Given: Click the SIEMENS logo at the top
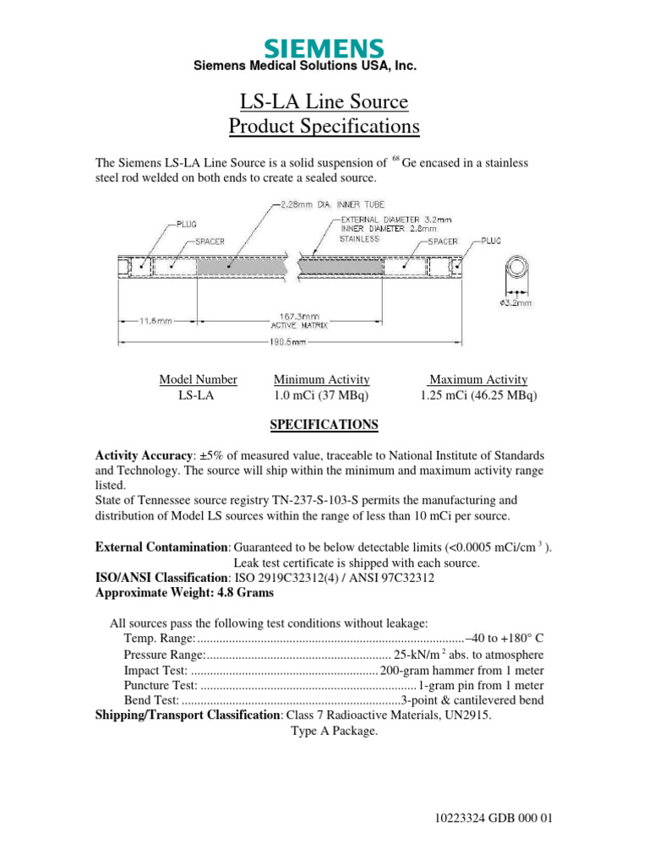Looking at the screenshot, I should tap(324, 48).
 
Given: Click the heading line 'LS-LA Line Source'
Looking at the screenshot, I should tap(324, 103).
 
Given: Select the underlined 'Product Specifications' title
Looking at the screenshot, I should tap(324, 127).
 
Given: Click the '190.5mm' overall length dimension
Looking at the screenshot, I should tap(288, 342).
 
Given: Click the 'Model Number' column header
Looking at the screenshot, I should tap(199, 380).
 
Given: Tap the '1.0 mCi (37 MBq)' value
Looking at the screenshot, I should tap(321, 395).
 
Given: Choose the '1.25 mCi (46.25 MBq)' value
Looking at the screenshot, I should tap(479, 395).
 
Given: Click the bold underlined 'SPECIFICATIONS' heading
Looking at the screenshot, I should tap(324, 425).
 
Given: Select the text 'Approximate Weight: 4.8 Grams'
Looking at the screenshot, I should tap(185, 593).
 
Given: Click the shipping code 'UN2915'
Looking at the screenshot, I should tap(466, 715).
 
